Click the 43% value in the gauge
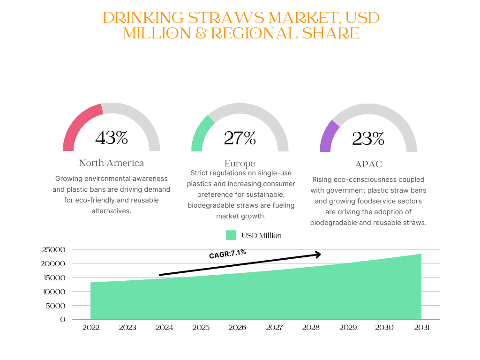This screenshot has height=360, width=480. point(112,138)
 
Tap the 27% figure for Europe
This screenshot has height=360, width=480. point(240,138)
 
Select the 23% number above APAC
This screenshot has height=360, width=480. point(368,139)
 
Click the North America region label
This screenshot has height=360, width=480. point(112,163)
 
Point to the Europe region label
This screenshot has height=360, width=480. point(240,164)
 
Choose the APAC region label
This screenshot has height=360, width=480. point(368,165)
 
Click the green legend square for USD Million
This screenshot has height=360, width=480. point(231,235)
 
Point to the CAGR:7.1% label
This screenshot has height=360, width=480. point(227,254)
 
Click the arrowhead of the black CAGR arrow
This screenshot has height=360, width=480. point(318,255)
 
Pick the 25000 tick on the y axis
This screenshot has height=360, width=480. point(54,250)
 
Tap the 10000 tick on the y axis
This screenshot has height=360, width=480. point(54,292)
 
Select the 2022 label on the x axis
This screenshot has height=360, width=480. point(91,328)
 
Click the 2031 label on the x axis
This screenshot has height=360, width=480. point(421,328)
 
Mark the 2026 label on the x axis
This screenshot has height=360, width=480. point(237,328)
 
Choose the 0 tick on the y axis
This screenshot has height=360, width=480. point(63,320)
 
